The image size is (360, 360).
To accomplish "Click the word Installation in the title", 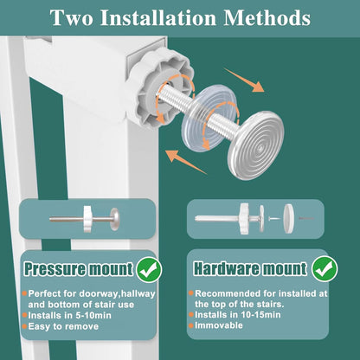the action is tap(158, 18).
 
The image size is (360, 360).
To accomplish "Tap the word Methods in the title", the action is tap(267, 18).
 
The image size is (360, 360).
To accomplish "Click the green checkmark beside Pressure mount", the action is tap(149, 269).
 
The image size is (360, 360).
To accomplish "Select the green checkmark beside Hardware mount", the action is tap(325, 269).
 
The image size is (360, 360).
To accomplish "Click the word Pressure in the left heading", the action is tap(55, 269).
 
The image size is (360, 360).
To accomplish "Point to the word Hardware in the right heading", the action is tap(227, 268).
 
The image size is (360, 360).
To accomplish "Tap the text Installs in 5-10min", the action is tap(69, 315).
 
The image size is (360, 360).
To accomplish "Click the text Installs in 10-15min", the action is tap(238, 314).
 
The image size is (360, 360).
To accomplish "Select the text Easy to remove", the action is tap(63, 326).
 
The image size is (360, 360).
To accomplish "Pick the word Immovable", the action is tap(219, 325).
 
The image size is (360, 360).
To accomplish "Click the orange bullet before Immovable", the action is tap(190, 325).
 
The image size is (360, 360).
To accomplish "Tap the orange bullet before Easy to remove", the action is tap(24, 326).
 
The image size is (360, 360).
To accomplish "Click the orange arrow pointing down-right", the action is tap(244, 80).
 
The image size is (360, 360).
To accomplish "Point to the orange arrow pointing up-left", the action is tap(186, 162).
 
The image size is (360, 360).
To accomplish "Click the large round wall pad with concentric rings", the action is tap(256, 145).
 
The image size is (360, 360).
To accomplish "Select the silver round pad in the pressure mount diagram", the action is tap(114, 219).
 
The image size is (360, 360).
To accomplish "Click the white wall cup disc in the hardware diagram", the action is tap(288, 219).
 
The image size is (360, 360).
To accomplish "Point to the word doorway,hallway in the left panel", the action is tap(118, 294).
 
